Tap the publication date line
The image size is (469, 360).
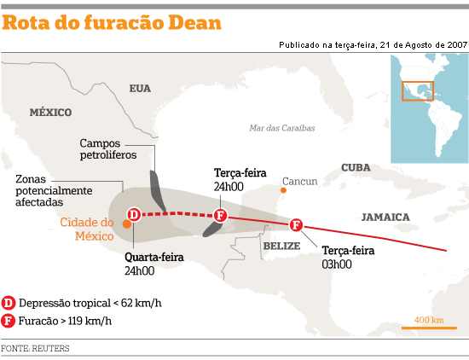tap(372, 44)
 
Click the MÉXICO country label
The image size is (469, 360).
tap(49, 112)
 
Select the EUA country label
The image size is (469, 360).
tap(140, 88)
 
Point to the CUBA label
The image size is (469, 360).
tap(357, 168)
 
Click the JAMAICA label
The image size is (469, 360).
tap(385, 218)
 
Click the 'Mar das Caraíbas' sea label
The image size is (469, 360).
tap(282, 128)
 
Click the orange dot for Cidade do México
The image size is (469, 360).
tap(126, 224)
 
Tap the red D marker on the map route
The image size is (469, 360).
tap(134, 214)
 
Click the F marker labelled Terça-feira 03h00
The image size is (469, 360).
tap(297, 225)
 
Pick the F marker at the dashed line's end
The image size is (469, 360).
tap(220, 215)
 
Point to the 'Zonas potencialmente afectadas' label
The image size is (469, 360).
tap(50, 191)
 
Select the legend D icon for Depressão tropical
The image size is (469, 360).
tap(9, 302)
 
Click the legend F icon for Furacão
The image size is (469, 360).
tap(9, 321)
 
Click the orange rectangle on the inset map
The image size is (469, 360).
tap(418, 90)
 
